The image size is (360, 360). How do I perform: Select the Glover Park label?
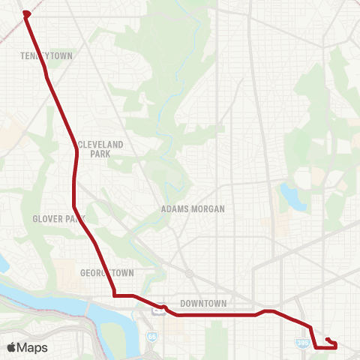click(x=58, y=219)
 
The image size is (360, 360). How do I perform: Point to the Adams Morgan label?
click(x=193, y=209)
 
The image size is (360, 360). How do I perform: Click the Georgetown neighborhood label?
click(x=106, y=273)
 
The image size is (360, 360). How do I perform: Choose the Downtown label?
click(x=203, y=304)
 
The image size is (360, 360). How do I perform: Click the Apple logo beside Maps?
click(x=11, y=347)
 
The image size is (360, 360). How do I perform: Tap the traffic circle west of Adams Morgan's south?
click(x=190, y=274)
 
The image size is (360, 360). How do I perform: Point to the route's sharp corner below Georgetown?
click(x=114, y=295)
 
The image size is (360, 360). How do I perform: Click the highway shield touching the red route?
click(x=160, y=307)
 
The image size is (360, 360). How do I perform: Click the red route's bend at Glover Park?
click(x=73, y=205)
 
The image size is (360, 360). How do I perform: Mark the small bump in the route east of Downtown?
click(x=268, y=310)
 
